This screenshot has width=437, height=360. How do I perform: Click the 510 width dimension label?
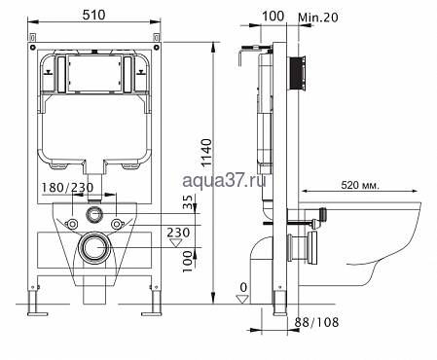click(93, 15)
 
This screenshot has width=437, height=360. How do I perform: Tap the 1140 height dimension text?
click(206, 153)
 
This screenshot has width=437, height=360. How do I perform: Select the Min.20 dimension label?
click(318, 18)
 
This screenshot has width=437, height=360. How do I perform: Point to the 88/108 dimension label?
click(316, 322)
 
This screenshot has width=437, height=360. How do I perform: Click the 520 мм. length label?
click(360, 185)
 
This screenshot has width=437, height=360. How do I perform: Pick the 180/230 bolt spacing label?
click(68, 188)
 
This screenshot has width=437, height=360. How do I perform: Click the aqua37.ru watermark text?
click(224, 180)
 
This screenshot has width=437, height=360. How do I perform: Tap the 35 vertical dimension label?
click(189, 202)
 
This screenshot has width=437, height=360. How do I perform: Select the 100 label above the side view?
click(273, 16)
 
